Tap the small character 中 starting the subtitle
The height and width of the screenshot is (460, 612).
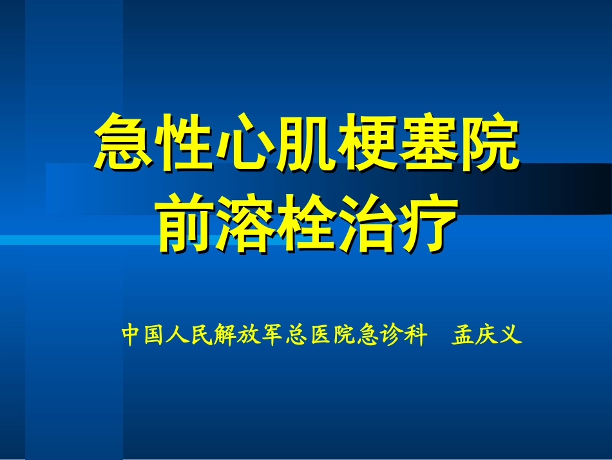[131, 335]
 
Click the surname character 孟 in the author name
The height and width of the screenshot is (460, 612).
[463, 335]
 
